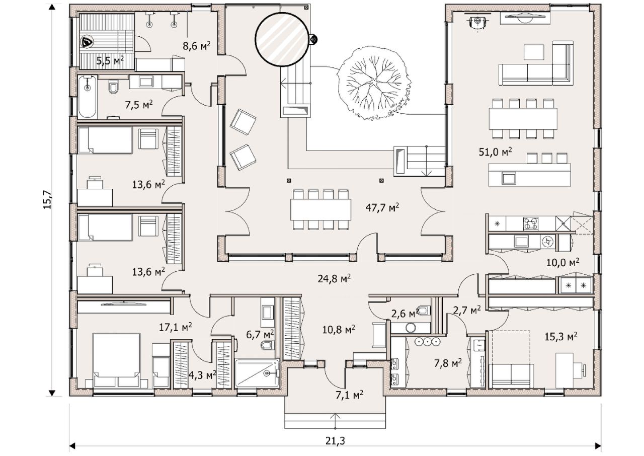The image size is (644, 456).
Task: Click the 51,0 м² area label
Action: coord(495,151)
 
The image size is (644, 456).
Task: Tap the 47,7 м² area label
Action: coord(382,207)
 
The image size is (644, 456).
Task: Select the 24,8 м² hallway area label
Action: coord(334,278)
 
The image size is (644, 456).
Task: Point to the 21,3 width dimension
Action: coord(335,440)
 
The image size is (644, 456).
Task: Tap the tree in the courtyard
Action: coord(374,84)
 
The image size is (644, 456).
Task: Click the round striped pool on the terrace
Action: coord(282,40)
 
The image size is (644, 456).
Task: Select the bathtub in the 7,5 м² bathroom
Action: coord(88,97)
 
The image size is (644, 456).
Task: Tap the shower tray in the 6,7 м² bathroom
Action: coord(257,373)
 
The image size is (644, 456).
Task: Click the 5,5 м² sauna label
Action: coord(110,61)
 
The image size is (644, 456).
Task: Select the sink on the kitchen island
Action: coord(509,178)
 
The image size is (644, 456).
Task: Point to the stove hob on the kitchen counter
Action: coord(531,224)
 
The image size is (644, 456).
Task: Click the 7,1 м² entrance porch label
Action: coord(349,395)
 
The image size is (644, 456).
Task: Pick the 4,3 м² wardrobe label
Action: coord(202,375)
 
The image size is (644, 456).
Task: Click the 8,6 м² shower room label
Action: coord(197,46)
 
